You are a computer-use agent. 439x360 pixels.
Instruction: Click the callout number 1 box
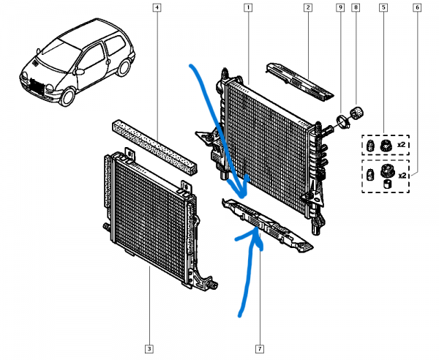point(249,9)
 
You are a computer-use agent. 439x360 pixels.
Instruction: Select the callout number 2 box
point(308,9)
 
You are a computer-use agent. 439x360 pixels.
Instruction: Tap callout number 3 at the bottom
point(149,348)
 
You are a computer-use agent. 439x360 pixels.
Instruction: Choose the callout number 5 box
point(383,9)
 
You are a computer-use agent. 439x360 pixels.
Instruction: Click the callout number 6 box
point(416,9)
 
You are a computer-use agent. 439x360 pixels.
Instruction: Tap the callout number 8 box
point(356,9)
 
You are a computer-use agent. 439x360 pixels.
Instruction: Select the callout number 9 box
point(339,9)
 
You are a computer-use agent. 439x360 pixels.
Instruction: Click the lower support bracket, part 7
point(271,226)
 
